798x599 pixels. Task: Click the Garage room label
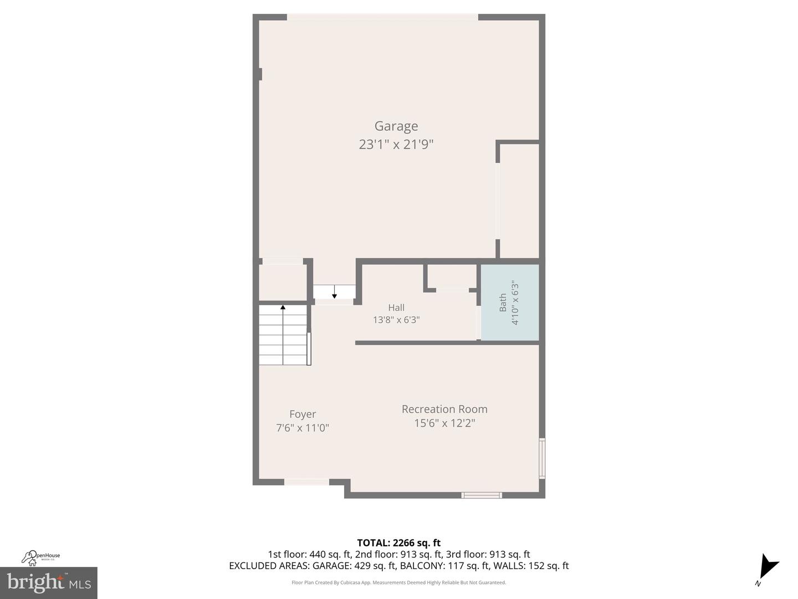396,126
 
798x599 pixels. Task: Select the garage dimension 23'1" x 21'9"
396,145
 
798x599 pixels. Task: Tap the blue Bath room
509,302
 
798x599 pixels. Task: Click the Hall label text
396,307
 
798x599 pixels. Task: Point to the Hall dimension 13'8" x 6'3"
396,320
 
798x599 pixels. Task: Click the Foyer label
303,414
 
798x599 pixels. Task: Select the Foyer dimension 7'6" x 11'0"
303,428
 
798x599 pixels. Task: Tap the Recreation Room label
444,409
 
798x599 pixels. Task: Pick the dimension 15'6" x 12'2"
444,423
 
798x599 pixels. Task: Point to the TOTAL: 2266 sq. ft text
398,543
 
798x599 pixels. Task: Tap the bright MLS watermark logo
49,582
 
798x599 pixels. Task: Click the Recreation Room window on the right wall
542,458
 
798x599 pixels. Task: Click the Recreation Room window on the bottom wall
482,495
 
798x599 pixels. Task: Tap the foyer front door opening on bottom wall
306,482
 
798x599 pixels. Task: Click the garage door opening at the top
382,17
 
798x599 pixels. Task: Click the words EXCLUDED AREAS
269,566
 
